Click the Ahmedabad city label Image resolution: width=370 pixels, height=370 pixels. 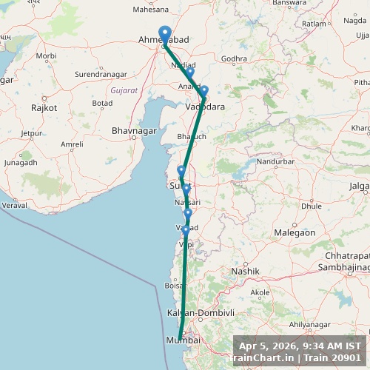pos(161,40)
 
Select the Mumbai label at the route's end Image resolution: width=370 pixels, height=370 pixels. pos(184,340)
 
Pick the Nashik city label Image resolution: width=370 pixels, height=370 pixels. pos(245,272)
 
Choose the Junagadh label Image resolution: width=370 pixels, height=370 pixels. pos(21,162)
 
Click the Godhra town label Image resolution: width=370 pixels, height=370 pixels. pos(234,58)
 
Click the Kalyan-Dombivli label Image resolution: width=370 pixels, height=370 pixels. pos(201,313)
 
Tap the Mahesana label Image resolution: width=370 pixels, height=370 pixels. pos(151,10)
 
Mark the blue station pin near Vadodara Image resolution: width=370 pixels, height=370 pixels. pos(204,91)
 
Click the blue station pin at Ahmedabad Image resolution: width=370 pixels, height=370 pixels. pos(166,33)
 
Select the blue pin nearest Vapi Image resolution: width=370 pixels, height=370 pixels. pos(186,231)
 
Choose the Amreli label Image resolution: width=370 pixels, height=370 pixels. pos(73,144)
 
